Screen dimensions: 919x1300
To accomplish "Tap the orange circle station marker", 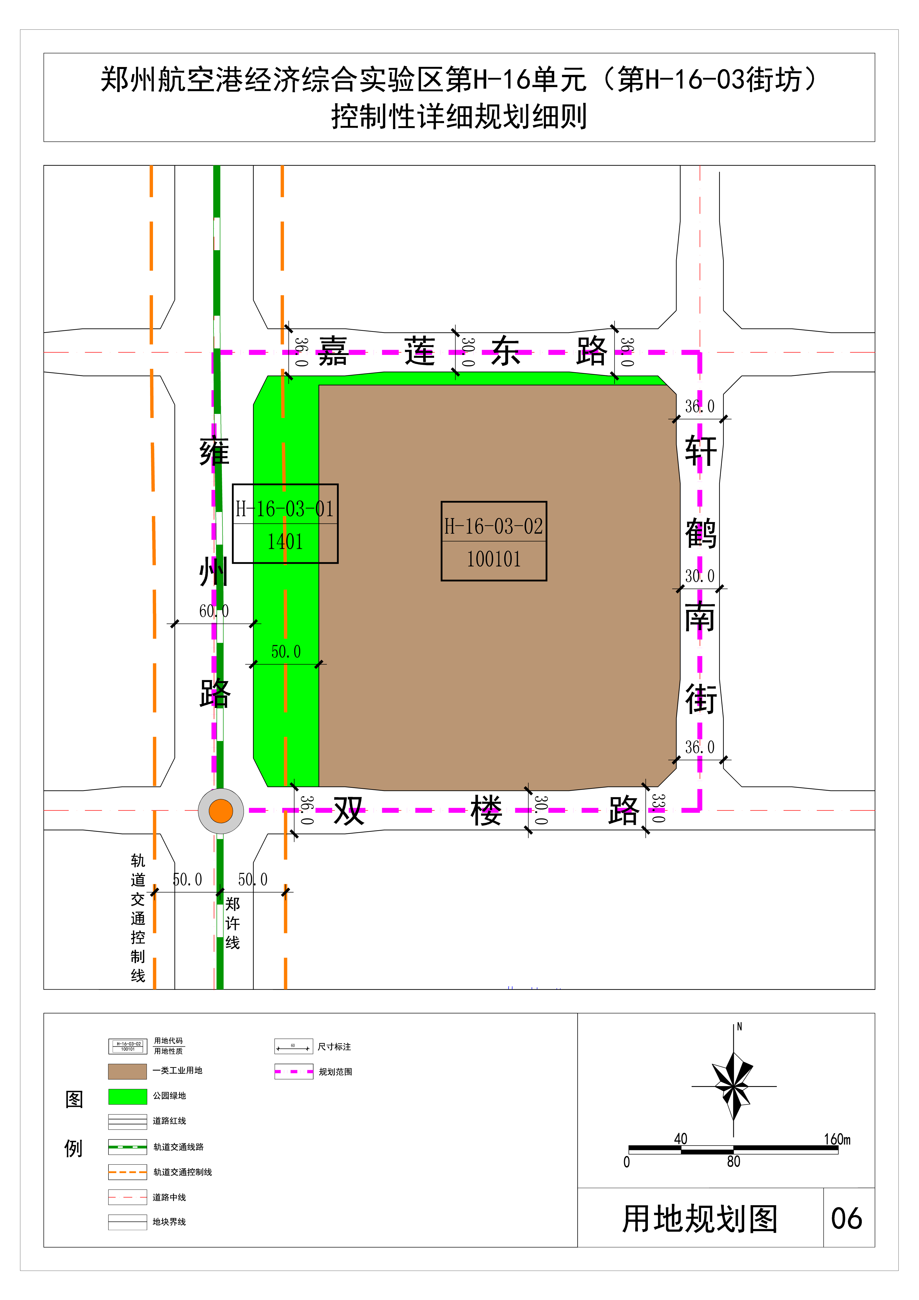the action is click(x=221, y=811).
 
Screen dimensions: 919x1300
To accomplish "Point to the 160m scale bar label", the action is click(x=837, y=1139).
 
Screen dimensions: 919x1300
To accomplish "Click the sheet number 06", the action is click(x=846, y=1218).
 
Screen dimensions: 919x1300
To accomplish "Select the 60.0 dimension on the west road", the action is click(x=214, y=611).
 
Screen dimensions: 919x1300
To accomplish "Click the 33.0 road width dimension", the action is click(x=658, y=808).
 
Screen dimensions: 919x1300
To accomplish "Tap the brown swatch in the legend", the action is click(x=128, y=1071).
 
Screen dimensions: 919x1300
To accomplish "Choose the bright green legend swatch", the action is click(x=128, y=1096).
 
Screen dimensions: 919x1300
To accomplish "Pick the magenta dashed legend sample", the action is click(x=293, y=1071).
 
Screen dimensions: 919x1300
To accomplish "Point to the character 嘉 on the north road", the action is click(x=333, y=351).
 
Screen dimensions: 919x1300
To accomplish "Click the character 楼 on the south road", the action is click(x=486, y=810).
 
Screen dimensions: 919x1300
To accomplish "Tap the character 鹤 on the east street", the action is click(x=701, y=533).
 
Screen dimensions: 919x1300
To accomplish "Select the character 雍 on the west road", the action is click(x=214, y=451).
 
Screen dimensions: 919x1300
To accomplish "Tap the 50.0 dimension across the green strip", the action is click(x=286, y=652).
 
